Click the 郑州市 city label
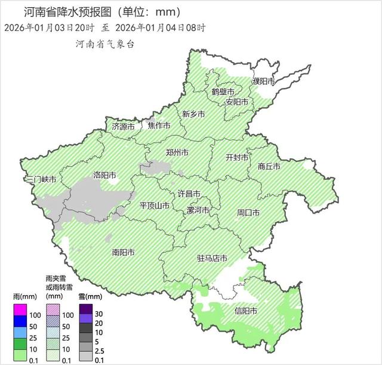tap(177, 153)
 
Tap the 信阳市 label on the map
tap(246, 311)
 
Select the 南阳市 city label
tap(124, 252)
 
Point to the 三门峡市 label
tap(41, 179)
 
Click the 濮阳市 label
tap(263, 81)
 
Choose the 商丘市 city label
tap(269, 167)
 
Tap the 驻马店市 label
tap(212, 258)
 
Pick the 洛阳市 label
tap(104, 175)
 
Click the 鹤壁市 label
tap(223, 91)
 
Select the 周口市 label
tap(248, 212)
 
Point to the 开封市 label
tap(237, 157)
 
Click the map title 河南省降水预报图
tap(66, 12)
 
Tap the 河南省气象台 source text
tap(105, 44)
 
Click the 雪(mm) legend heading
tap(88, 296)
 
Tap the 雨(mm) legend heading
tap(21, 296)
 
